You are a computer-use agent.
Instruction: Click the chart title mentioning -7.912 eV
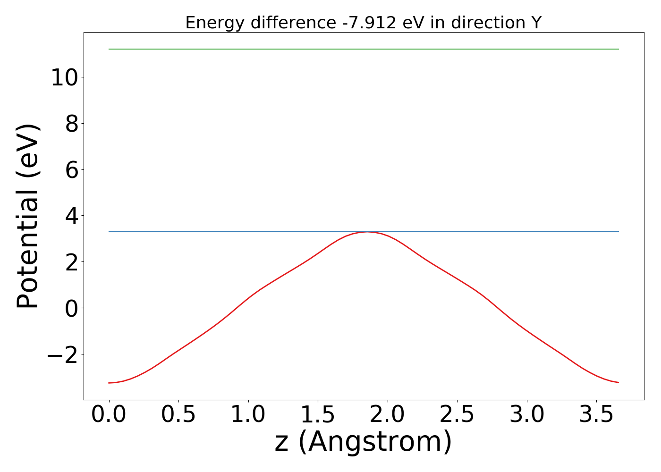(x=363, y=23)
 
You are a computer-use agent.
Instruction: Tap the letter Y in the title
(x=536, y=23)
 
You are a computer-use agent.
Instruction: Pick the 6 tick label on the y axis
(x=72, y=170)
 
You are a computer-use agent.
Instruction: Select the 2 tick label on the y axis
(x=72, y=262)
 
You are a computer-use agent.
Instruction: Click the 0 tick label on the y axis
(x=72, y=308)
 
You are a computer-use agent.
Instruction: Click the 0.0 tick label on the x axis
(x=109, y=415)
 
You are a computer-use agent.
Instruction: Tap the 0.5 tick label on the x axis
(x=178, y=415)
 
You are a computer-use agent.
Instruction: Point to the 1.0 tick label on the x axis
(x=248, y=415)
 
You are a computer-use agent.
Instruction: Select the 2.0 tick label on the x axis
(x=388, y=415)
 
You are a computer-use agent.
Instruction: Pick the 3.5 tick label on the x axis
(x=596, y=415)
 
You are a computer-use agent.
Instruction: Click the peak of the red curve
(x=367, y=232)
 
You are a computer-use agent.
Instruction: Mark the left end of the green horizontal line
(x=109, y=49)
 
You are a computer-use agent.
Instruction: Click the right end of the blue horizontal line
(x=619, y=232)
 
